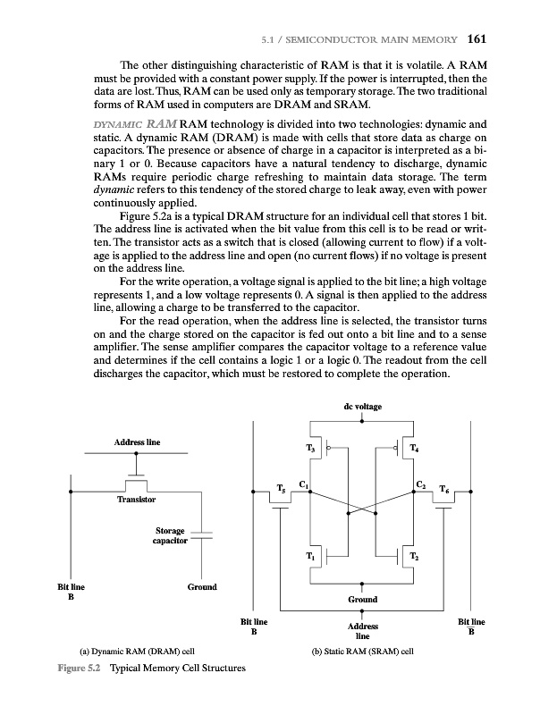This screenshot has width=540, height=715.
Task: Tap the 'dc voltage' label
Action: [x=362, y=407]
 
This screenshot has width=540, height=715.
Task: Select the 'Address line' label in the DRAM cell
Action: [x=137, y=442]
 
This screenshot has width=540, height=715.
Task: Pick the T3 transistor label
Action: [x=311, y=448]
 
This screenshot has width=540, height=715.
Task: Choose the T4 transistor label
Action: [x=413, y=448]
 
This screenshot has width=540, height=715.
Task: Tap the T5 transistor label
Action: [x=282, y=489]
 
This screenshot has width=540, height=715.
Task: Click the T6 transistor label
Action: [x=444, y=489]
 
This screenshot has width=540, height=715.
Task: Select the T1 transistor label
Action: [x=310, y=557]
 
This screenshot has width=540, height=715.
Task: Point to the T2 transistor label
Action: [x=413, y=557]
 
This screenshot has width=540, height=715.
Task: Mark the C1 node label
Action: [x=304, y=484]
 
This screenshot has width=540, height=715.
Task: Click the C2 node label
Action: [x=420, y=484]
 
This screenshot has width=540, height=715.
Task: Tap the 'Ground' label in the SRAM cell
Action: [x=362, y=599]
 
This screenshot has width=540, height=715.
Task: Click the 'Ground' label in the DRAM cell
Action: [x=201, y=587]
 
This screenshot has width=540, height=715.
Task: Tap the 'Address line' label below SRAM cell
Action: [x=361, y=631]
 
